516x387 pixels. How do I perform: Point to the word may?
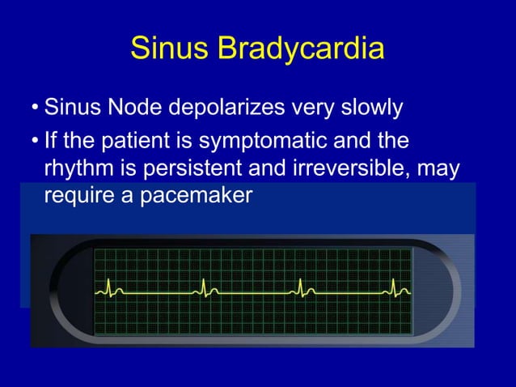click(443, 170)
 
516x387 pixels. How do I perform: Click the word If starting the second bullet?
click(53, 142)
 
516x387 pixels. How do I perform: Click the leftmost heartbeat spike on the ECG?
click(108, 286)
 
